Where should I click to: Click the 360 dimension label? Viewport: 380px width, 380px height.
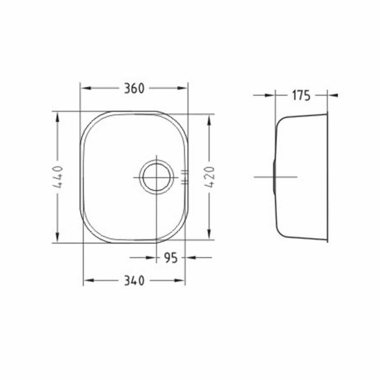(134, 89)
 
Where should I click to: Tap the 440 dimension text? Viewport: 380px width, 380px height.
(58, 177)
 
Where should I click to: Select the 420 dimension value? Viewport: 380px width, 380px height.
(209, 177)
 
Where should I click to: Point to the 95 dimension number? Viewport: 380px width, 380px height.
(171, 258)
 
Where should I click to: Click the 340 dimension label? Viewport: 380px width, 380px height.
(134, 281)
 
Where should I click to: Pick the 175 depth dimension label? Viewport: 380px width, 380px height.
(301, 95)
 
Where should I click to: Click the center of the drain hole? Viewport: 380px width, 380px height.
(156, 177)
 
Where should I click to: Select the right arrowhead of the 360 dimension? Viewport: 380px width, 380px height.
(182, 89)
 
